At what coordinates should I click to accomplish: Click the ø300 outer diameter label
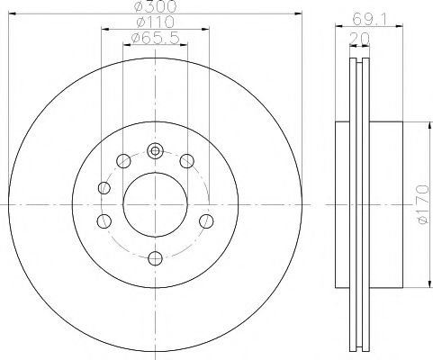coord(154,9)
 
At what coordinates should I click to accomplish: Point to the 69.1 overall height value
coord(364,18)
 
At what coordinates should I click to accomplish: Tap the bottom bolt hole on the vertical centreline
coord(155,259)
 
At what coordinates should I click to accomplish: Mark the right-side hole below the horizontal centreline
coord(206,221)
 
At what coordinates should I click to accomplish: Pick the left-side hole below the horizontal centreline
coord(104,221)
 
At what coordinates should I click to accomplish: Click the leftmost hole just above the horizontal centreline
coord(104,187)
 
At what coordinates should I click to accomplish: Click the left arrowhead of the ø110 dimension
coord(103,29)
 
